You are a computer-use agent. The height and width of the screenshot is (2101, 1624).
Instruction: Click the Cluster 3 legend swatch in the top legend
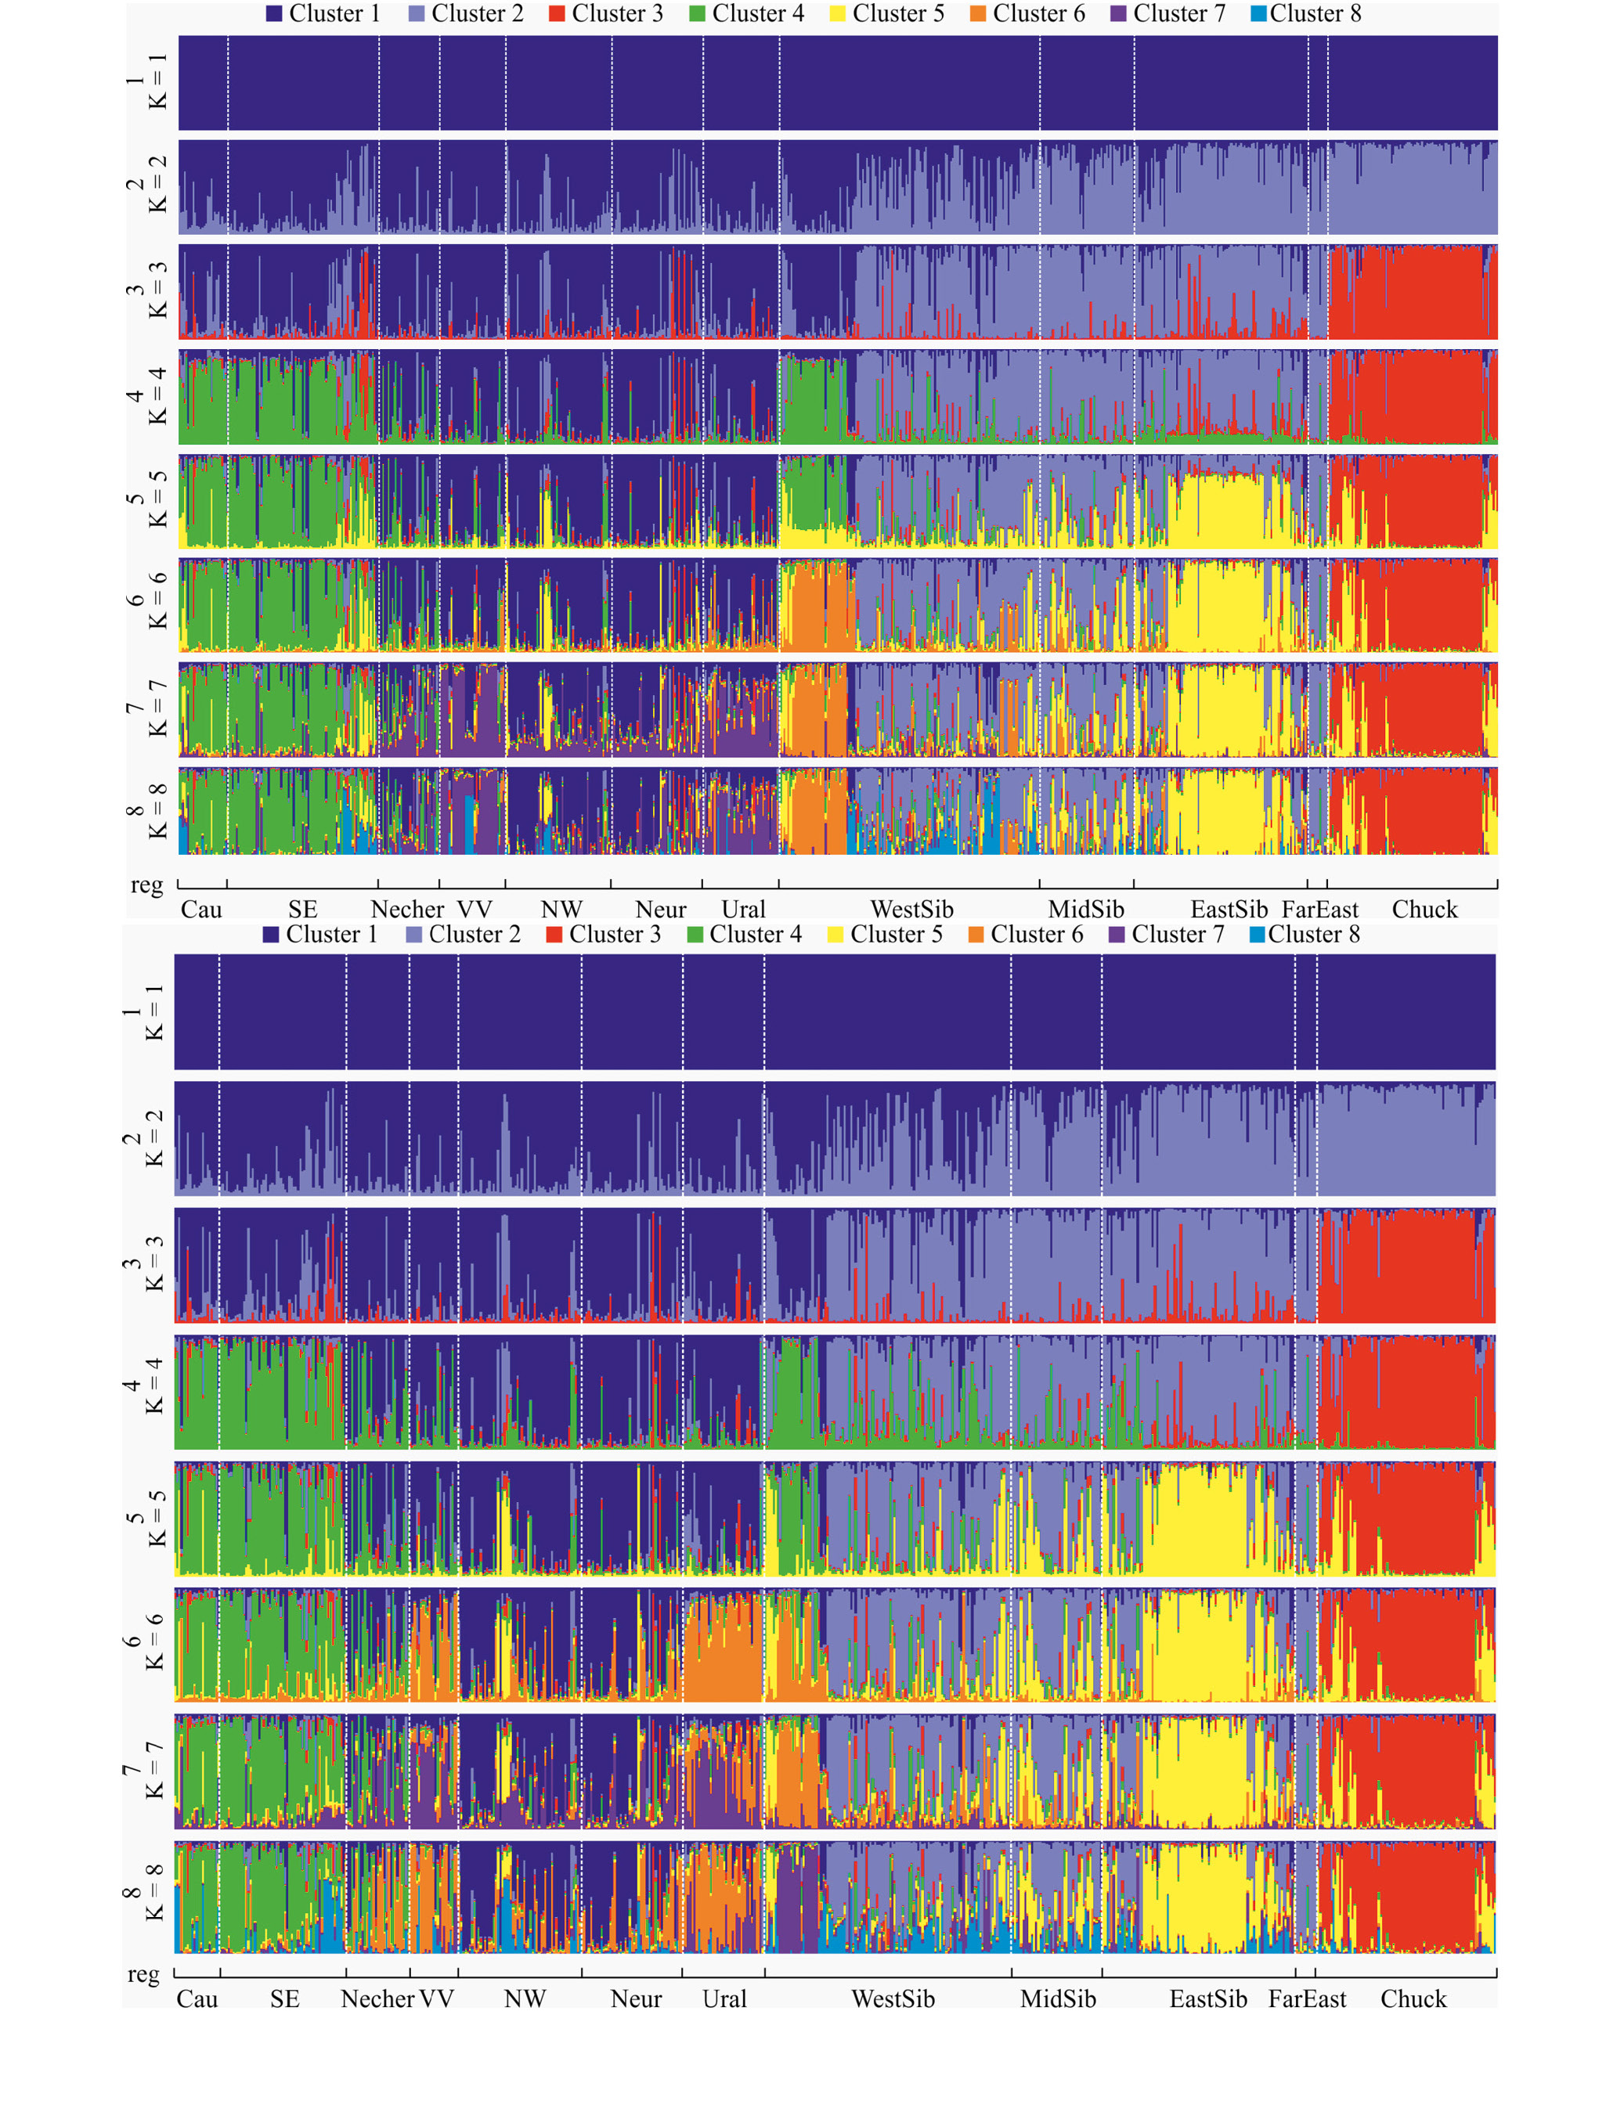pyautogui.click(x=556, y=14)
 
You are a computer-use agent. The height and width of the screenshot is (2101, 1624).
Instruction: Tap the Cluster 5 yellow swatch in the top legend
pyautogui.click(x=837, y=14)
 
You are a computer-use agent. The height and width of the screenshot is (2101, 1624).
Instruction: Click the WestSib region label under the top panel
pyautogui.click(x=911, y=909)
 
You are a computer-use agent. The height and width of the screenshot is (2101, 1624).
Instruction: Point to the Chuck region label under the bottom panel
pyautogui.click(x=1413, y=1999)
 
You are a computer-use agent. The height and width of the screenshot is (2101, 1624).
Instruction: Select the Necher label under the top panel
pyautogui.click(x=407, y=909)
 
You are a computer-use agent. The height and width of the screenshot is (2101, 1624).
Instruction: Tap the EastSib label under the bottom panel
pyautogui.click(x=1207, y=1999)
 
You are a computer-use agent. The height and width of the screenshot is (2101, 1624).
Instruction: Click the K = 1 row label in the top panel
pyautogui.click(x=147, y=81)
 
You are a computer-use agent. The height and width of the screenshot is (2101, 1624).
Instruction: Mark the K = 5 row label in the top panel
pyautogui.click(x=147, y=500)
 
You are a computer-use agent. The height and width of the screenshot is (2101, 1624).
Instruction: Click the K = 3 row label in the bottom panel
pyautogui.click(x=143, y=1265)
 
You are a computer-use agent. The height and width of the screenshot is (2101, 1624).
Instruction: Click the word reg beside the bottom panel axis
pyautogui.click(x=143, y=1974)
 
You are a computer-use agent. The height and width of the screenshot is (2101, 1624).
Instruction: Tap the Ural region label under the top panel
pyautogui.click(x=743, y=909)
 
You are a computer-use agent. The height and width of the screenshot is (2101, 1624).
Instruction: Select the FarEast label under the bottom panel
pyautogui.click(x=1307, y=1999)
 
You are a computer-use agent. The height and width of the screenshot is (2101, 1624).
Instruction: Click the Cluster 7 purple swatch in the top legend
pyautogui.click(x=1118, y=14)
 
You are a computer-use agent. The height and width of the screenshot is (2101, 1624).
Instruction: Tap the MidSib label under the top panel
pyautogui.click(x=1085, y=909)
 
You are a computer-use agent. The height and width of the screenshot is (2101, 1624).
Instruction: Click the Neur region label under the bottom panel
pyautogui.click(x=636, y=1999)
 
